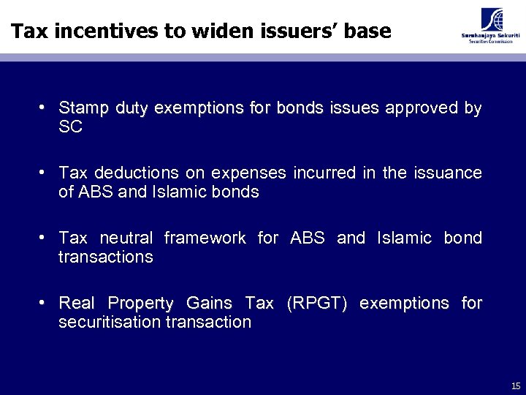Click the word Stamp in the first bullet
(83, 108)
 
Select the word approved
(422, 108)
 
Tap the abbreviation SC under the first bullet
(70, 127)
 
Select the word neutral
(126, 238)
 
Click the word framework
(205, 238)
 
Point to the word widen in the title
(207, 31)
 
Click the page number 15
(516, 386)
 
